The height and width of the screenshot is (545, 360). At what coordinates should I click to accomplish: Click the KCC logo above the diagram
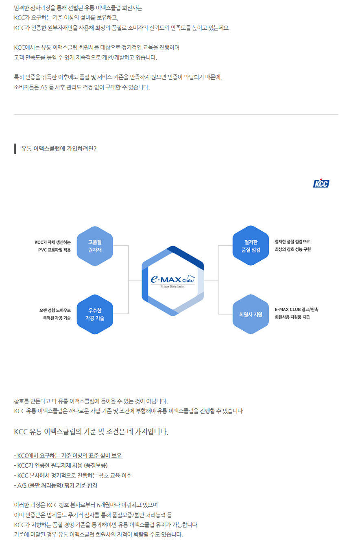(x=321, y=183)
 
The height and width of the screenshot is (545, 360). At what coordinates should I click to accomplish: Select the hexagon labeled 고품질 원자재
(x=95, y=246)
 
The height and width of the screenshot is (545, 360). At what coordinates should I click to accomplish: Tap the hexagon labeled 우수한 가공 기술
(x=95, y=314)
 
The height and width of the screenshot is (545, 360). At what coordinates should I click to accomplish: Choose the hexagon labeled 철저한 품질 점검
(x=251, y=246)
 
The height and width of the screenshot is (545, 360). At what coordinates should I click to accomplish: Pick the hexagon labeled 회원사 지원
(x=251, y=314)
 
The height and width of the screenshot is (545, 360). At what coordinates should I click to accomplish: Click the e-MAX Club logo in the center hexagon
(x=172, y=279)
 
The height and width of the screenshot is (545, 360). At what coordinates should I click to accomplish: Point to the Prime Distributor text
(x=172, y=287)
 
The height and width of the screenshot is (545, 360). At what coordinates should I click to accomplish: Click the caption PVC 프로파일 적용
(x=54, y=250)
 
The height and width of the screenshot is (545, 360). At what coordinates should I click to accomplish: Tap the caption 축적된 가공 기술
(x=57, y=318)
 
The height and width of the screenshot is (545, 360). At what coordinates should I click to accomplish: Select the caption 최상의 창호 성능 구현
(x=292, y=249)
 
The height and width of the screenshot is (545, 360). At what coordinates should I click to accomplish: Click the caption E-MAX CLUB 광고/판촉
(x=297, y=310)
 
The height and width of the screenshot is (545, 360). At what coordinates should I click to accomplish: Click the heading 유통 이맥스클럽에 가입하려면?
(x=59, y=149)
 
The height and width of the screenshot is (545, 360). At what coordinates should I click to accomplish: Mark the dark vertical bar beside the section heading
(x=15, y=149)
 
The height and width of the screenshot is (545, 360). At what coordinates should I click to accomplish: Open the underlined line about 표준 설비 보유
(x=68, y=456)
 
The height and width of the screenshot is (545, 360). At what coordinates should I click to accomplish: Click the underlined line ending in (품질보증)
(x=61, y=465)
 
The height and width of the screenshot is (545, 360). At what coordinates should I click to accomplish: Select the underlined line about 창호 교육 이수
(x=73, y=475)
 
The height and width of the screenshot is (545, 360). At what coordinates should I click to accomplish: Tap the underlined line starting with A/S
(x=55, y=485)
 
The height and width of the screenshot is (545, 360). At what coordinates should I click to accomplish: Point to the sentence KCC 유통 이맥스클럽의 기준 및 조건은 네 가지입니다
(x=91, y=432)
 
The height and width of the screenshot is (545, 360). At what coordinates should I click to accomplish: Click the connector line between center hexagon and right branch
(x=211, y=280)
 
